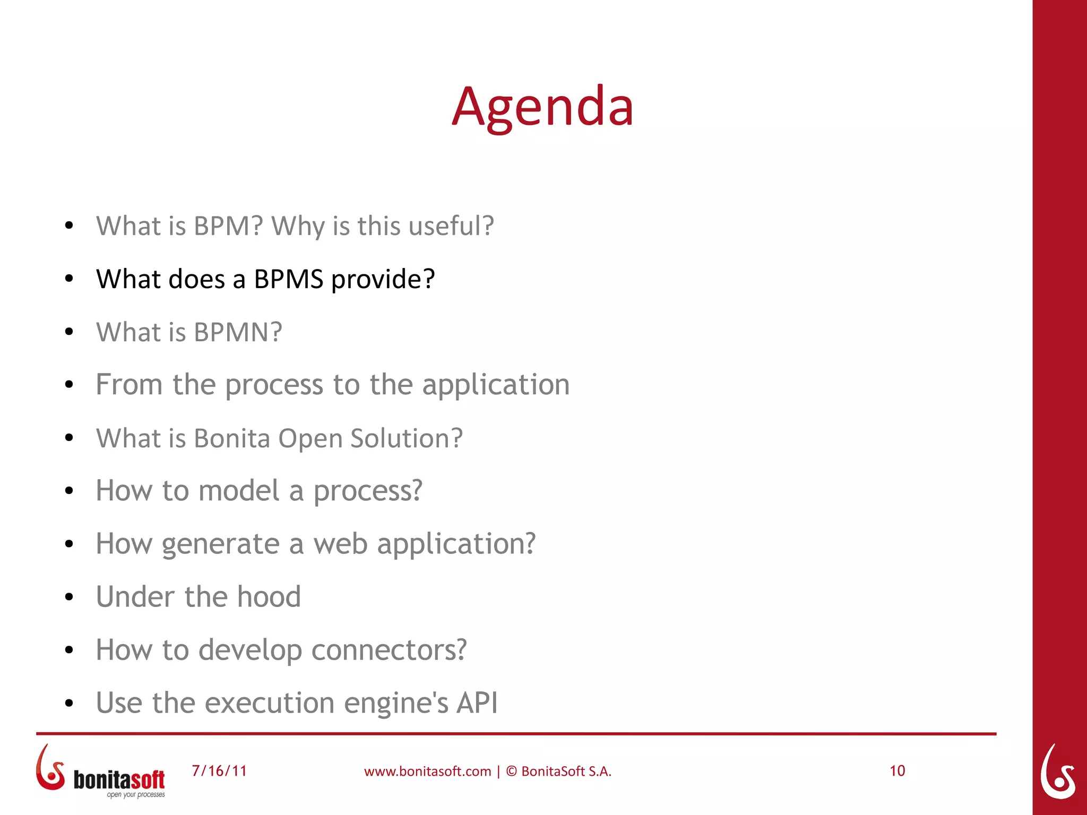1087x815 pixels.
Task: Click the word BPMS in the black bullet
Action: (x=288, y=279)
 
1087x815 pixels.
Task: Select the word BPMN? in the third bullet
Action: (x=238, y=332)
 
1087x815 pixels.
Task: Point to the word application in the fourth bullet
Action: (x=496, y=385)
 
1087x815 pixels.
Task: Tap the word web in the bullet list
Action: (x=340, y=544)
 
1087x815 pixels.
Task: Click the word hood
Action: (x=269, y=597)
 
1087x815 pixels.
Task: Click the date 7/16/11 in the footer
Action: (x=219, y=771)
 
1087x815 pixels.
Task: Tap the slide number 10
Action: (x=897, y=771)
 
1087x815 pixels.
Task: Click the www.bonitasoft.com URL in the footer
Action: (x=427, y=771)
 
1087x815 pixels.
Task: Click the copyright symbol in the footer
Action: (x=511, y=771)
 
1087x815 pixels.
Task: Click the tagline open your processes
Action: (x=136, y=795)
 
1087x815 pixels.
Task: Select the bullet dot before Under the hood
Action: (x=68, y=597)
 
